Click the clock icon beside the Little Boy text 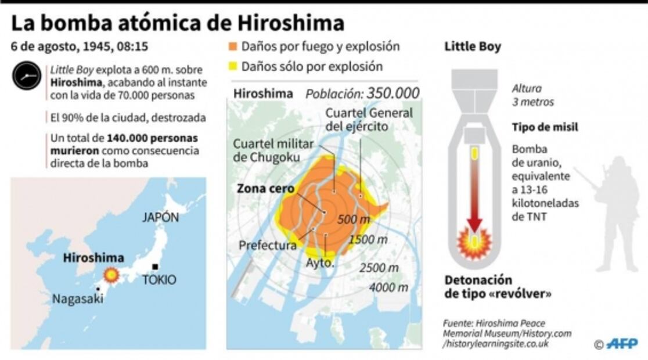point(27,75)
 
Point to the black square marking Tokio point(155,267)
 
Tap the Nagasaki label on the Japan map point(77,299)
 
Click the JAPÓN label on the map point(160,218)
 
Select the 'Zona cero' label point(265,189)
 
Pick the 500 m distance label point(353,219)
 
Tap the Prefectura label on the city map point(268,246)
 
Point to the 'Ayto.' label point(320,262)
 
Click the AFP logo point(622,344)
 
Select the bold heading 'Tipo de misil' point(545,127)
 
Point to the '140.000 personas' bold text point(152,139)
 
